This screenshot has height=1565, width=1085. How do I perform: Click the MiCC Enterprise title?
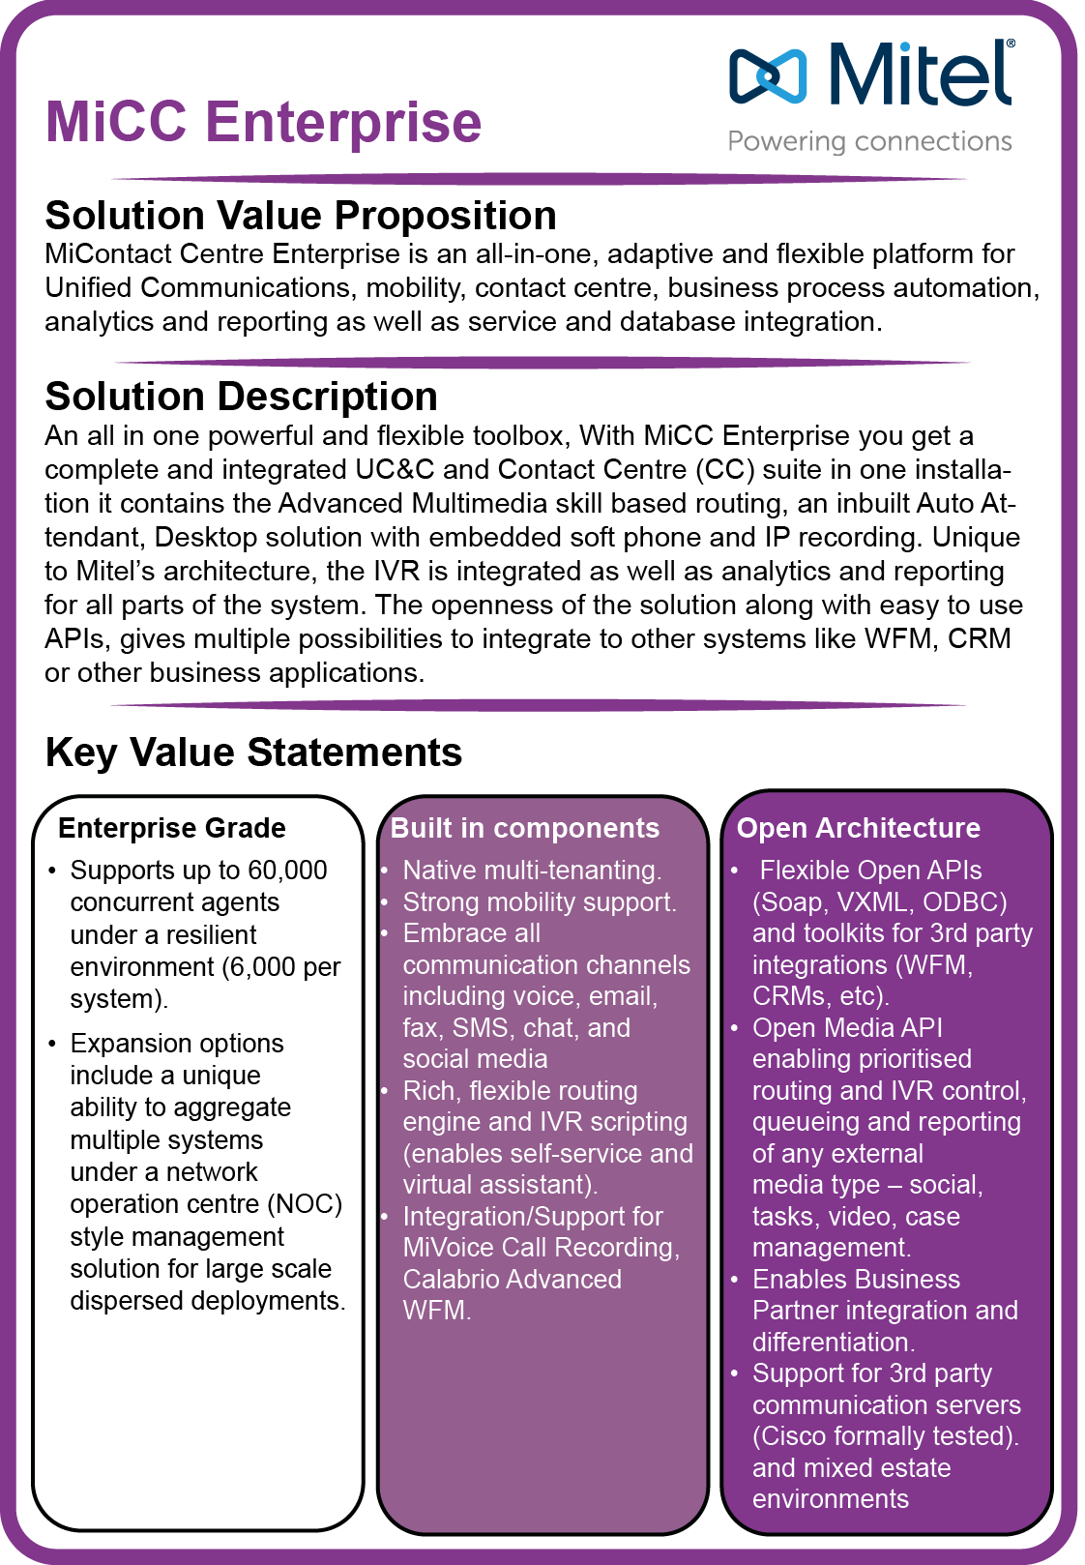point(263,122)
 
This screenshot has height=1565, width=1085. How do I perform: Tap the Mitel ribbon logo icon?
point(768,74)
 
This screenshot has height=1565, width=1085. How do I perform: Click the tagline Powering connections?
point(869,141)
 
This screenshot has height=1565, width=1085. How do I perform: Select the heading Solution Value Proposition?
point(301,216)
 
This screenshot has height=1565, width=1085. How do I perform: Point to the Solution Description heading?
point(241,397)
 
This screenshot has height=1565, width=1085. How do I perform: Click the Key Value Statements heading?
point(253,753)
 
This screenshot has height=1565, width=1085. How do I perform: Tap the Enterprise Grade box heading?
point(172,828)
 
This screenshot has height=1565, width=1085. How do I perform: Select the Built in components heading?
point(524,828)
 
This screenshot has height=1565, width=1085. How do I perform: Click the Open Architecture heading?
point(858,828)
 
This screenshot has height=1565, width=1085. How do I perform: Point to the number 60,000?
point(287,871)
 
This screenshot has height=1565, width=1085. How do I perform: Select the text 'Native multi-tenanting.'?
point(532,871)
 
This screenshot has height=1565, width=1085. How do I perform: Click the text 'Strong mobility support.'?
point(540,901)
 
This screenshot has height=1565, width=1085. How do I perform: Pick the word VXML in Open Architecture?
point(873,901)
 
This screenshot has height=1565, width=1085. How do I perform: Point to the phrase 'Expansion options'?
point(177,1044)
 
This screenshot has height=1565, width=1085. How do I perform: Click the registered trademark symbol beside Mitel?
point(1011,44)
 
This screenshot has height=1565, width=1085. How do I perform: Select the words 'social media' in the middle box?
point(475,1059)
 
